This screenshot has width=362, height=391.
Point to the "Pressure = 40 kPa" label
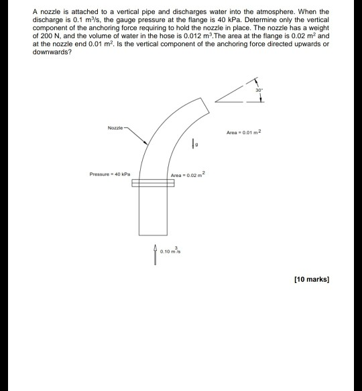coord(109,174)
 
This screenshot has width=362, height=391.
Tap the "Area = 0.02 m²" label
coord(190,174)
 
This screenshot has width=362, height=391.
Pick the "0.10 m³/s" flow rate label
coord(172,252)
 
